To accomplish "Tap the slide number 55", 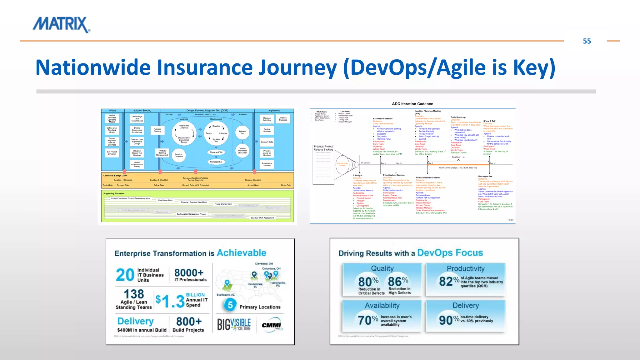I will coord(587,41).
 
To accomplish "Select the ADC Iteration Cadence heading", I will coord(412,104).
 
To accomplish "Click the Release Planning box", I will coord(157,130).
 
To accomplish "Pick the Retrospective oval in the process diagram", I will coord(216,162).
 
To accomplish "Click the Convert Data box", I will coord(267,142).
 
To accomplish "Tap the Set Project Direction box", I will coord(112,153).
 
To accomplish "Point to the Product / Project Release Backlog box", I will coord(323,148).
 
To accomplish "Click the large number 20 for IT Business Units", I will coord(125,275).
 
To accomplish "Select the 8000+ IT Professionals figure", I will coord(189,273).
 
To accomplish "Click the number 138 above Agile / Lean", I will coord(134,294).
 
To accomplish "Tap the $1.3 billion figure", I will coord(170,301).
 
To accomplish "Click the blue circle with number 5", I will coord(230,305).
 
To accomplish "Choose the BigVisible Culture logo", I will coord(234,325).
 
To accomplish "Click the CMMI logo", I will coord(272,325).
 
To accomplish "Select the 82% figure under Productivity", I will coord(449,281).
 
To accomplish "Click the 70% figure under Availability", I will coord(368,320).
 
